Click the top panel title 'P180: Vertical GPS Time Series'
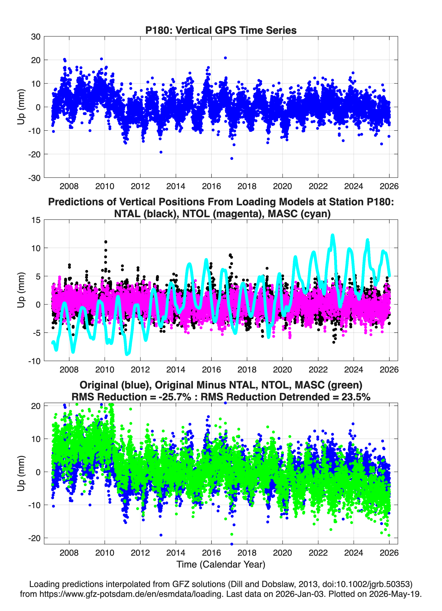pos(221,30)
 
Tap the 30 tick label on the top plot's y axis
pos(36,37)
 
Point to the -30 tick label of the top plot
pos(34,178)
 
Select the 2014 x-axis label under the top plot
pos(176,186)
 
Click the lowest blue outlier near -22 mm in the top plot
pos(231,158)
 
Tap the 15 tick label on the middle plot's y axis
pos(36,220)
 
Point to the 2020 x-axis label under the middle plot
pos(283,369)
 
